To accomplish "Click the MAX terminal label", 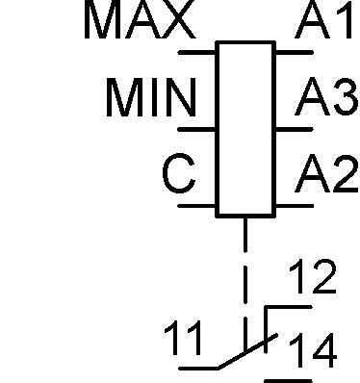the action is click(140, 19).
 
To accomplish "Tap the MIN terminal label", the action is click(151, 97).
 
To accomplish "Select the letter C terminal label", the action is click(179, 173).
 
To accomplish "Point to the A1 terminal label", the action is click(323, 19).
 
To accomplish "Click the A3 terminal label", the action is click(326, 96).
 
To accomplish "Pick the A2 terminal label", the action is click(326, 173).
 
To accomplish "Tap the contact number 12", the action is click(313, 276).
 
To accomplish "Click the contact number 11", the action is click(183, 338).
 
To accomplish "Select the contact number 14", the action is click(314, 350).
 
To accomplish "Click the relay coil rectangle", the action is click(245, 129).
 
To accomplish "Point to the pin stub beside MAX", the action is click(196, 52).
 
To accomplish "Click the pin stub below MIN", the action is click(196, 129).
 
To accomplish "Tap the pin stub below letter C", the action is click(196, 206).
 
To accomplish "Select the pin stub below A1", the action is click(295, 52).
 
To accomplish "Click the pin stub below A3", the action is click(295, 129).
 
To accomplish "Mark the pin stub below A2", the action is click(295, 206).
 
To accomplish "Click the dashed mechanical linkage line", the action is click(245, 284).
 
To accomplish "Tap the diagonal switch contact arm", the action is click(247, 351).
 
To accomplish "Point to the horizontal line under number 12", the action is click(289, 307).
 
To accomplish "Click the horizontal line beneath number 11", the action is click(198, 368).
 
